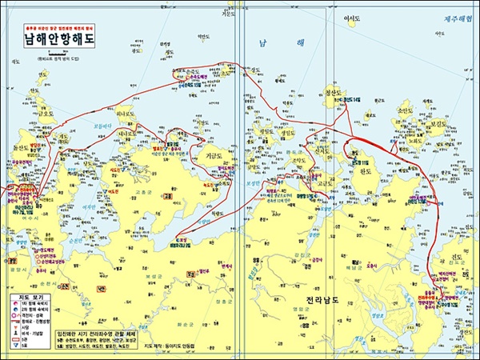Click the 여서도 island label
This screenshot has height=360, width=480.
point(352,18)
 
